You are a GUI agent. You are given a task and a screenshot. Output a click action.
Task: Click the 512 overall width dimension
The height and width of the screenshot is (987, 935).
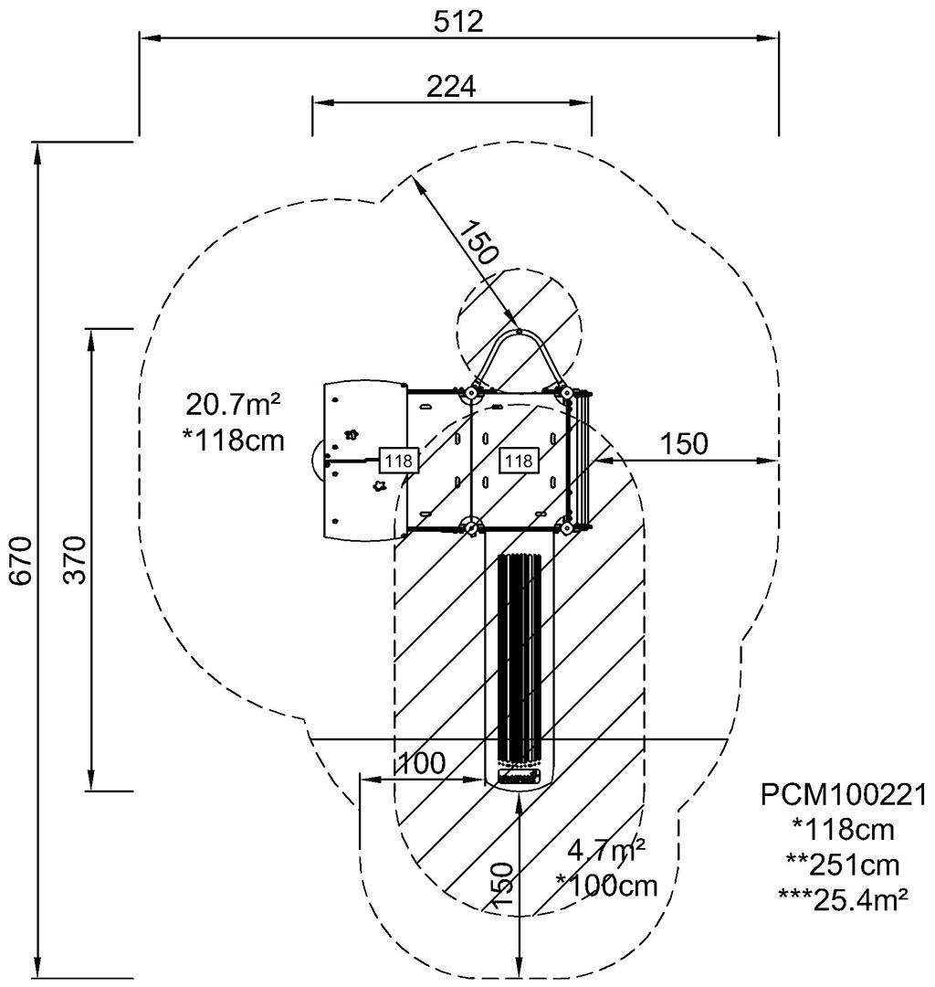click(x=458, y=22)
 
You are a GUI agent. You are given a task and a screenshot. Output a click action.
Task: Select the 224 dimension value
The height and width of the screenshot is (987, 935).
click(x=451, y=86)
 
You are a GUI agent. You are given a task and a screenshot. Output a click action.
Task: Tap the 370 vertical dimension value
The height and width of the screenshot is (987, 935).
click(x=76, y=559)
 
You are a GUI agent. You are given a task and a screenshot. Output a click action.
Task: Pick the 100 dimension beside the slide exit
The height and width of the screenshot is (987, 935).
click(x=422, y=763)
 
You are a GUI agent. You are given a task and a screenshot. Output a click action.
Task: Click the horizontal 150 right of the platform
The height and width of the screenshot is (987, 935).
click(x=684, y=444)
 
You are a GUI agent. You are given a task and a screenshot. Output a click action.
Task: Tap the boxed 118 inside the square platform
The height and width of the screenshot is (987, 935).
click(x=519, y=461)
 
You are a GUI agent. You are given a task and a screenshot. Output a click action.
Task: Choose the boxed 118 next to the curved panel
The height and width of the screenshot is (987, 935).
click(x=399, y=461)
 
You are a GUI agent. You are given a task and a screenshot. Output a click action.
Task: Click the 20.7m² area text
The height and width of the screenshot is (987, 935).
click(x=233, y=404)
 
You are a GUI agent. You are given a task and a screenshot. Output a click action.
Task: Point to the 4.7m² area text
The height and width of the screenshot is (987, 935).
click(x=605, y=851)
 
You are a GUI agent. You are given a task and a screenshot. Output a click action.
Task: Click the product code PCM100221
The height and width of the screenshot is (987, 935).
click(x=844, y=795)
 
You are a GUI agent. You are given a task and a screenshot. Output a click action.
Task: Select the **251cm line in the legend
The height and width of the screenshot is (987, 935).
click(x=843, y=865)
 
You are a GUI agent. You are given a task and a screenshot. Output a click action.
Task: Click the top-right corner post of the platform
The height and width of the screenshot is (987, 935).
click(x=566, y=393)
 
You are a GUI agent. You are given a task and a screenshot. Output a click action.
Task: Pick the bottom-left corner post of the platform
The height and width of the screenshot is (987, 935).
click(x=470, y=527)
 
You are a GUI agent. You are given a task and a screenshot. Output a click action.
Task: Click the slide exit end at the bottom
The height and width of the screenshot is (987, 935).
click(x=519, y=777)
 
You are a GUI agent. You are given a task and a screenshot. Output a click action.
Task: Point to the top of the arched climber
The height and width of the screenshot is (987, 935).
click(x=518, y=331)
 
